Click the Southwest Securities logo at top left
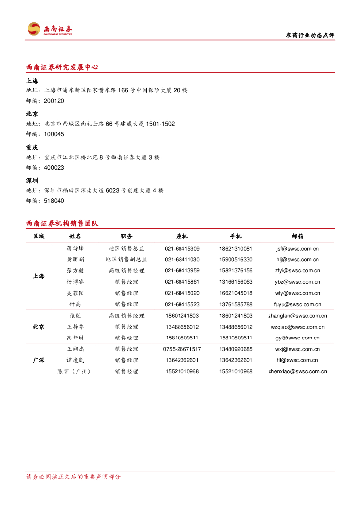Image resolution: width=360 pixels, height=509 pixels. click(50, 29)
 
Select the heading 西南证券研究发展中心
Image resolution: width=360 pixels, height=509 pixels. click(62, 67)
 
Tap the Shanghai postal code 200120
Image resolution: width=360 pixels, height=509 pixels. click(54, 101)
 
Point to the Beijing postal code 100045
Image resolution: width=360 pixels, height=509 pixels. click(54, 134)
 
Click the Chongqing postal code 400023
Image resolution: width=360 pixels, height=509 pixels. click(54, 168)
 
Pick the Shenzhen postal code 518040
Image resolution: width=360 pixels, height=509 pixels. click(54, 201)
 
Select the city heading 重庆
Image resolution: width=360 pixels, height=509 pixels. click(32, 147)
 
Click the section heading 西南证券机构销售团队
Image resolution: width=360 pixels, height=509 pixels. click(62, 223)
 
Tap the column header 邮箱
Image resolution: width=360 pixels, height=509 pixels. click(297, 236)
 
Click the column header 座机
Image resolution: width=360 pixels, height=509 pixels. click(182, 236)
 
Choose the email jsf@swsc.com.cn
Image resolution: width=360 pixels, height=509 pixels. click(297, 248)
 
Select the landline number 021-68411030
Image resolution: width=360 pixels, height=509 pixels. click(182, 259)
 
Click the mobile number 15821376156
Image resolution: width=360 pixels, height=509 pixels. click(235, 271)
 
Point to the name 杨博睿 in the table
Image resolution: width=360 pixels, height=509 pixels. click(75, 282)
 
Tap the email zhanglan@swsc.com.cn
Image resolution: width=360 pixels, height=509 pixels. click(297, 316)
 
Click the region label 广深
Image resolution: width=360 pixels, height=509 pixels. click(38, 360)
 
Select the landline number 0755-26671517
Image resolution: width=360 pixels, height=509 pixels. click(182, 349)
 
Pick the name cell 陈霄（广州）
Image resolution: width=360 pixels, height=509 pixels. click(75, 372)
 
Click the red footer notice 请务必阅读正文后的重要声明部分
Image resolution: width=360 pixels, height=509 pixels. click(73, 477)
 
